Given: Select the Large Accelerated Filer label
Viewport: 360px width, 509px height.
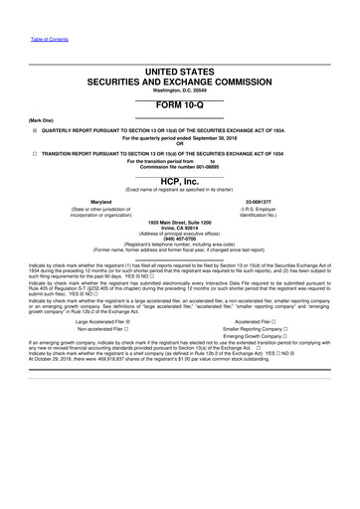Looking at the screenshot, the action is [x=95, y=322].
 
